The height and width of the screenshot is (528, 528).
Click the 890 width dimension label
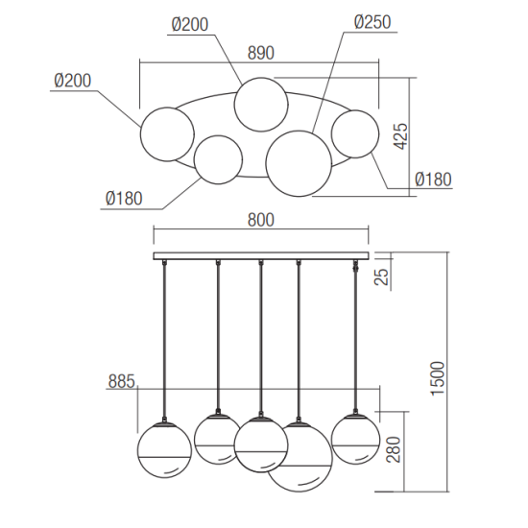click(260, 53)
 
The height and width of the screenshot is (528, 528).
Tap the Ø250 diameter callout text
click(372, 23)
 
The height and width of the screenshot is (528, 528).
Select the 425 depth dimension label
click(400, 136)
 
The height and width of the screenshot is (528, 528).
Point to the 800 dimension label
click(260, 220)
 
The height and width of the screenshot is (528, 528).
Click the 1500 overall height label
click(439, 378)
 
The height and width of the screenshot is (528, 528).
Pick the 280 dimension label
click(394, 449)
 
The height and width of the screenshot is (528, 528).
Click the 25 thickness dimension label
click(381, 276)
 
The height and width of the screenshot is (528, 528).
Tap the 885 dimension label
click(121, 381)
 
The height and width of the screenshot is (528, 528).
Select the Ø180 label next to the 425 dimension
click(433, 180)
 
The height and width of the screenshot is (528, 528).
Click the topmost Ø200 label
click(190, 25)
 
